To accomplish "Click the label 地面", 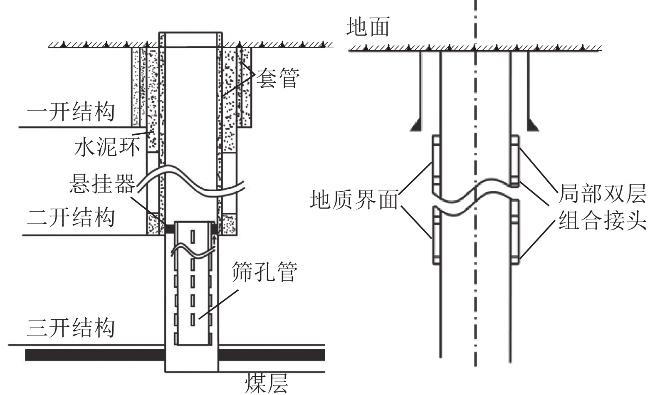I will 368,27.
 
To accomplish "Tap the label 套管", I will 277,78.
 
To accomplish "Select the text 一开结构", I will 71,111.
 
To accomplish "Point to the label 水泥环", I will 107,146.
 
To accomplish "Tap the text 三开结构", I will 71,328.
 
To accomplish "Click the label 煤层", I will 267,383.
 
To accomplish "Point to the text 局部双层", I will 602,193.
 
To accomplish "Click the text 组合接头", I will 602,220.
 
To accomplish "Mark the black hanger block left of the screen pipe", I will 169,228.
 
